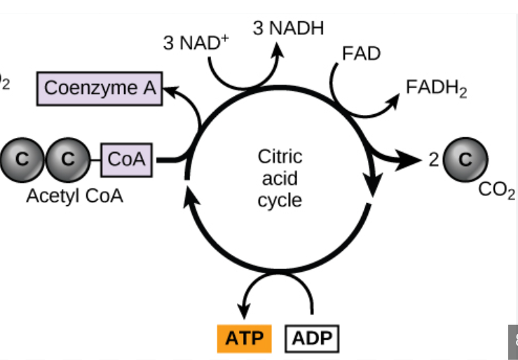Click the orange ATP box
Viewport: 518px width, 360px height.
tap(245, 339)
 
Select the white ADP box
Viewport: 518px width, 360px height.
tap(311, 339)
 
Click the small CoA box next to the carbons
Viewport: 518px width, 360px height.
tap(127, 158)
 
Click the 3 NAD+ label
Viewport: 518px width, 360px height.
tap(196, 42)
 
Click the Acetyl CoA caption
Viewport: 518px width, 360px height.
tap(74, 195)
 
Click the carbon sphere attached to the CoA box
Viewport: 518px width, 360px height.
tap(67, 158)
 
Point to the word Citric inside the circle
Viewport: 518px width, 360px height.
tap(280, 155)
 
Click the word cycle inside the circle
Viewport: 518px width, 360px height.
tap(280, 200)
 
